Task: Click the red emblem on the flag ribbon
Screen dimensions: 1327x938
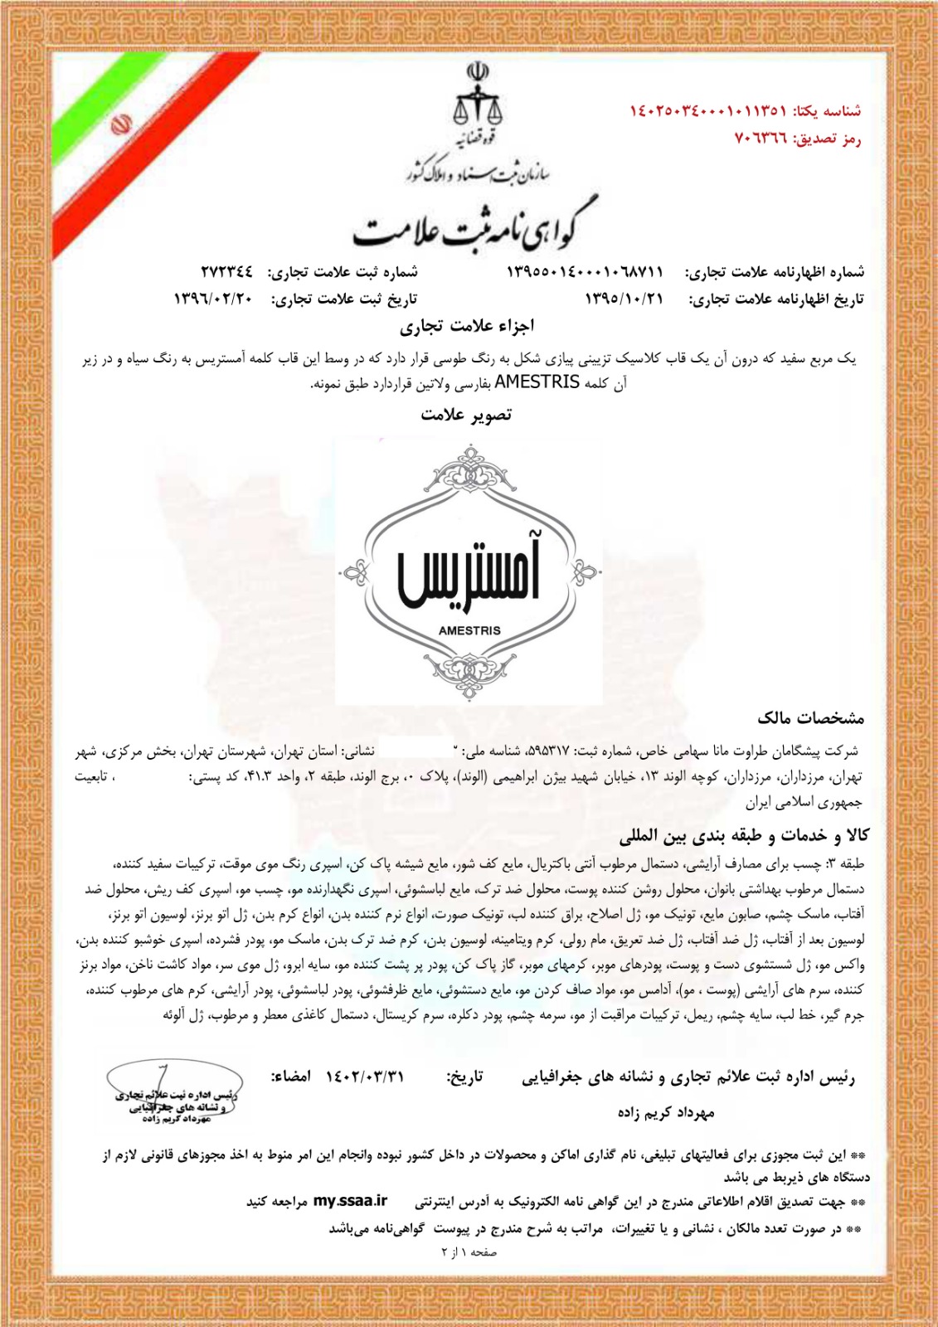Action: pyautogui.click(x=121, y=127)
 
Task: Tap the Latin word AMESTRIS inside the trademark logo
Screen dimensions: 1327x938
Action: pyautogui.click(x=469, y=630)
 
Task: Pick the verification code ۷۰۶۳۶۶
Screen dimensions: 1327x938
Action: pyautogui.click(x=761, y=138)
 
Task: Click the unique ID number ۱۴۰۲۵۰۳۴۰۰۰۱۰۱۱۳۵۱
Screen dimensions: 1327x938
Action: pyautogui.click(x=707, y=110)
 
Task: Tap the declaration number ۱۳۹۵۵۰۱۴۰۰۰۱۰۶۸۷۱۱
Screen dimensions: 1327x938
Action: pyautogui.click(x=586, y=272)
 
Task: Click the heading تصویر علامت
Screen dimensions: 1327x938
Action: pyautogui.click(x=466, y=415)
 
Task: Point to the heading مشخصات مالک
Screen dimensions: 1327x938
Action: pyautogui.click(x=810, y=717)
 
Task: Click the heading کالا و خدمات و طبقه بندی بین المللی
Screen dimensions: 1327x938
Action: pyautogui.click(x=744, y=835)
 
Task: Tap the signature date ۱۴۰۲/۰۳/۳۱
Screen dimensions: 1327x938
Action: pyautogui.click(x=365, y=1077)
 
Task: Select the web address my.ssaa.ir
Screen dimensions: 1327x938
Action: pyautogui.click(x=350, y=1201)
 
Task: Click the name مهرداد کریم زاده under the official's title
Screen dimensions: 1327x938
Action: pyautogui.click(x=665, y=1112)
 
